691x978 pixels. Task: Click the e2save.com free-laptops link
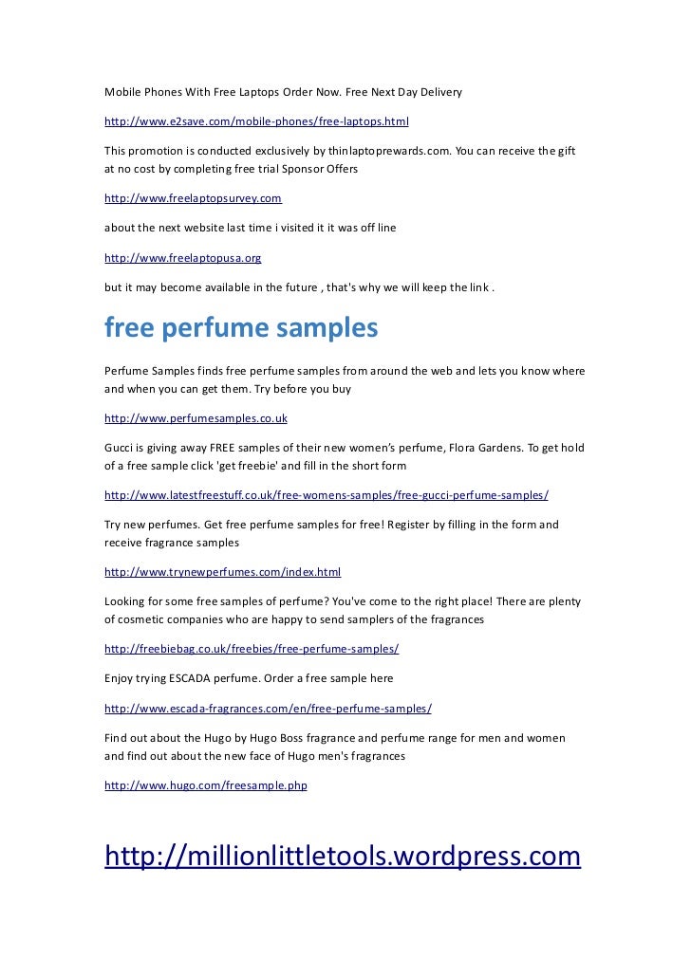coord(256,121)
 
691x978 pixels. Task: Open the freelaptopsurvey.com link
coord(193,198)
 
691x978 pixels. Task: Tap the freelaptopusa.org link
coord(182,257)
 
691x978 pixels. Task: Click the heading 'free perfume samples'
coord(241,328)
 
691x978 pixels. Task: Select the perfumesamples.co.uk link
coord(196,417)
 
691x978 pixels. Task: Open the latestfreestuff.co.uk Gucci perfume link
coord(326,495)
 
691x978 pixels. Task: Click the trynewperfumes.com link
coord(222,572)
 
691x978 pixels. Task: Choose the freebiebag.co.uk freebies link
coord(252,649)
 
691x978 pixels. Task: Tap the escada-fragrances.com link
coord(268,709)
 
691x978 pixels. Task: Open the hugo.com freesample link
coord(206,785)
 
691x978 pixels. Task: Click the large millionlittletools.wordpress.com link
coord(342,856)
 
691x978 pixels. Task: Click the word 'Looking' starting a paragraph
coord(125,601)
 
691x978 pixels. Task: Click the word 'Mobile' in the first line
coord(122,92)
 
